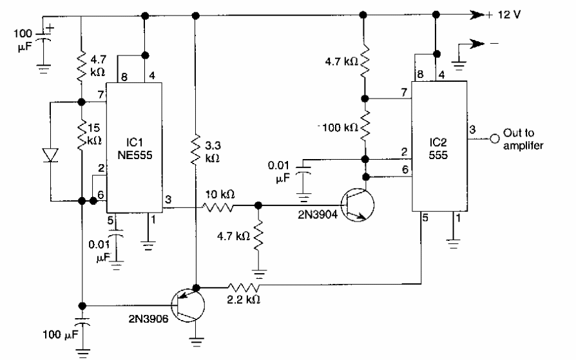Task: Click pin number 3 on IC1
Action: pyautogui.click(x=168, y=199)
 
